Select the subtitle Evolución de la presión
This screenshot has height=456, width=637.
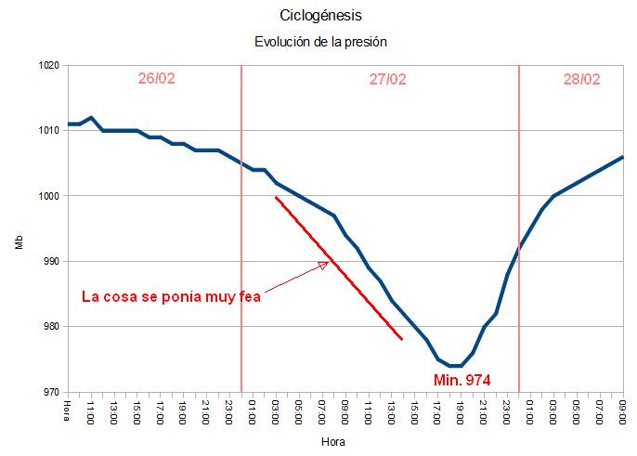(320, 42)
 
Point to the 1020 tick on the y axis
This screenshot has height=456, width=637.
(49, 66)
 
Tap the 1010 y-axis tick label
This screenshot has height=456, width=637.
(49, 131)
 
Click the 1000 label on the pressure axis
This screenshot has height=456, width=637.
(49, 196)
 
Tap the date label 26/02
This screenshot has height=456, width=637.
(156, 79)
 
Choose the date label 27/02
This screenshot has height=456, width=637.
(387, 79)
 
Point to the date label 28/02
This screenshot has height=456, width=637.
(581, 79)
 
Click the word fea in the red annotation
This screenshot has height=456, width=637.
(248, 297)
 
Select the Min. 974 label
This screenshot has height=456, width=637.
(461, 380)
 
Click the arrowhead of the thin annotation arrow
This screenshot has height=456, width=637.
(325, 264)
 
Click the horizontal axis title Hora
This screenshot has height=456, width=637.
(332, 442)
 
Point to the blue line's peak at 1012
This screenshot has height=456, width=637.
(91, 118)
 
